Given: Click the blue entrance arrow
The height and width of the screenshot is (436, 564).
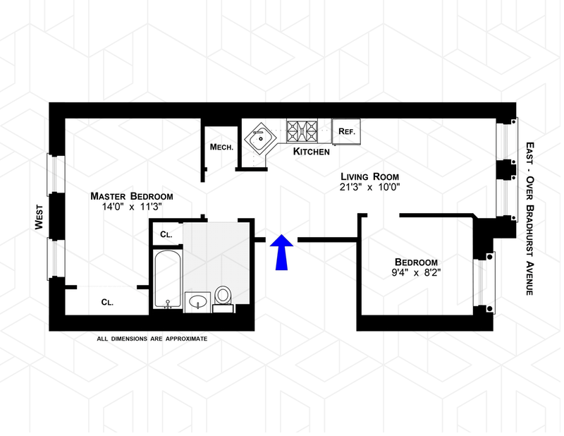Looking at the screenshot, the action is [281, 251].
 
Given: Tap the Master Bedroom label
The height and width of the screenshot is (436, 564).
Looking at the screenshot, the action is [131, 196].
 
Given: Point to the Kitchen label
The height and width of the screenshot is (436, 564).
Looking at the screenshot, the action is [311, 152].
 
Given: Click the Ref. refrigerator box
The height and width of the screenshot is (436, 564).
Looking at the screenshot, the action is [346, 131].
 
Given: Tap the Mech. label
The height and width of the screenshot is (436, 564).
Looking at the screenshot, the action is [221, 147].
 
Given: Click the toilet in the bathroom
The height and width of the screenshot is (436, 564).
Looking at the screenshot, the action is [223, 298].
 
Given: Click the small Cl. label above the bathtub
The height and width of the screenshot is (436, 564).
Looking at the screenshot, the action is [166, 234].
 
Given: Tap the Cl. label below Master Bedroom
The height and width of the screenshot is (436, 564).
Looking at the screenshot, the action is [107, 301].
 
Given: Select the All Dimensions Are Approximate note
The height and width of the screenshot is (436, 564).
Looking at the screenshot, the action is [152, 339].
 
